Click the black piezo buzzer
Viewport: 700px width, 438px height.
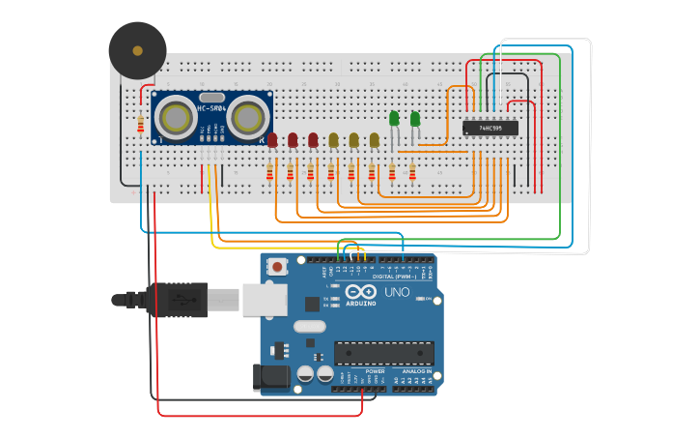pos(137,50)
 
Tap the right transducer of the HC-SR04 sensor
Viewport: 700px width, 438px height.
pos(247,118)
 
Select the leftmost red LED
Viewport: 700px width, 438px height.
pos(272,140)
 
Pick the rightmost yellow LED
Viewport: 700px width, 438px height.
pos(375,140)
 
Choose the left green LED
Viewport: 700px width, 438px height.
pos(394,119)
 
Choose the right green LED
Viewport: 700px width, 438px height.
pos(415,119)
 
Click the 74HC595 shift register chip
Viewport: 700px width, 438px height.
pos(490,128)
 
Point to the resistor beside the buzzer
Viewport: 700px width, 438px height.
pos(141,124)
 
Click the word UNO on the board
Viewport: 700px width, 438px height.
pos(397,292)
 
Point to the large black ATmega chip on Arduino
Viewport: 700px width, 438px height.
pos(383,353)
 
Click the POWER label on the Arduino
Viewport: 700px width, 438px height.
pos(375,371)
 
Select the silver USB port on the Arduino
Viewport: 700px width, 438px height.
pos(264,300)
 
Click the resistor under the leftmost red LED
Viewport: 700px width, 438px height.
pos(270,173)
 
